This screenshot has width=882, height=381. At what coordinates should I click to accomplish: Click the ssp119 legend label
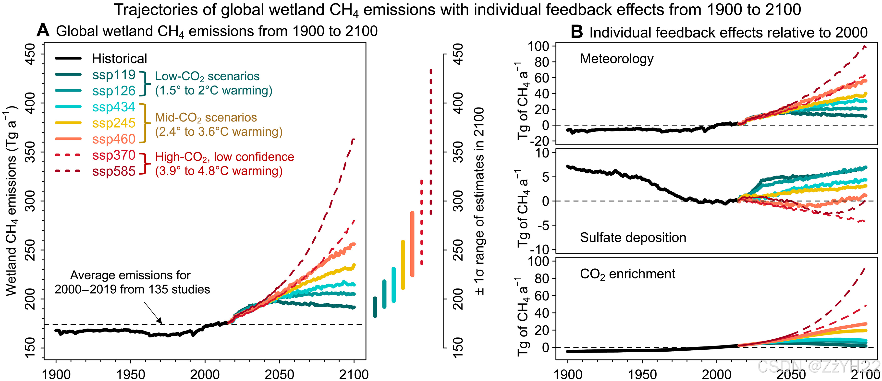click(114, 75)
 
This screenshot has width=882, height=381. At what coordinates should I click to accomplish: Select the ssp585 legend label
click(114, 171)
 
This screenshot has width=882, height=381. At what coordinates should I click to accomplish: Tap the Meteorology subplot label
click(617, 59)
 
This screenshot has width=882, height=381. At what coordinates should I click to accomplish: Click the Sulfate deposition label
click(633, 237)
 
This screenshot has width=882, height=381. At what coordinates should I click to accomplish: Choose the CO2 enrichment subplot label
click(627, 274)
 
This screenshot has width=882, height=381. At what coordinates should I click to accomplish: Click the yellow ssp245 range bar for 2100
click(403, 265)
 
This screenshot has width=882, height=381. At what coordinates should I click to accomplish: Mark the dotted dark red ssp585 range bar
click(431, 142)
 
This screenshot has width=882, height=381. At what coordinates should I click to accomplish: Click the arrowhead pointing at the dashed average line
click(160, 322)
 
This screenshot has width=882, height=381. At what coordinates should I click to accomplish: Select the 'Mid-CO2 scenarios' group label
click(206, 118)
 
